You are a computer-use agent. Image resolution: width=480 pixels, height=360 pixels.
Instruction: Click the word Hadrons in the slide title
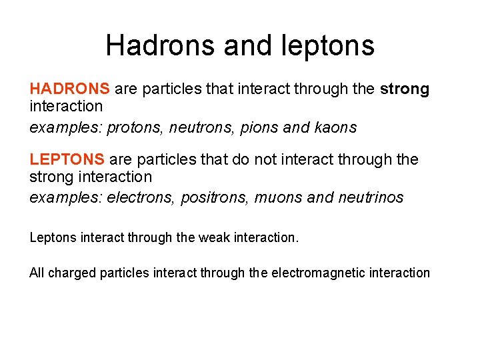point(161,45)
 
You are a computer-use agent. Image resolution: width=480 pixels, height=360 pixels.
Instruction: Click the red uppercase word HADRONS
point(69,89)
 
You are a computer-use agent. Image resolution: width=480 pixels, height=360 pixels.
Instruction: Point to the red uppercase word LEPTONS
point(67,159)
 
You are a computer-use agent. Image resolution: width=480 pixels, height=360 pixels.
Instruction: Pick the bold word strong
point(405,89)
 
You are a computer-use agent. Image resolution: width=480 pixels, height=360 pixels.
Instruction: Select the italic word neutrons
point(199,128)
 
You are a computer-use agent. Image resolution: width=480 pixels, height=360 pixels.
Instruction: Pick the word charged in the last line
point(72,273)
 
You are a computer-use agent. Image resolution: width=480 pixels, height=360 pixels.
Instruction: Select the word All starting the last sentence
point(37,273)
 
